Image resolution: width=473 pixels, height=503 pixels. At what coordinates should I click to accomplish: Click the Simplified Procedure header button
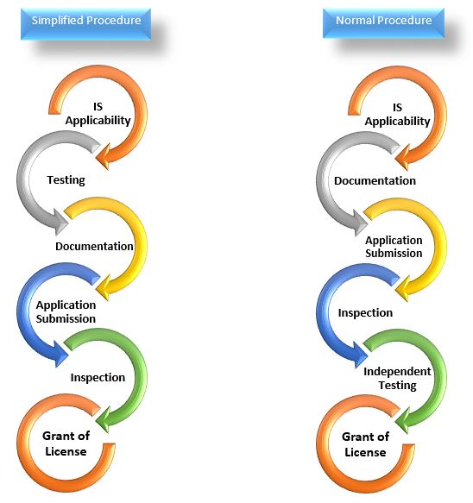pyautogui.click(x=85, y=24)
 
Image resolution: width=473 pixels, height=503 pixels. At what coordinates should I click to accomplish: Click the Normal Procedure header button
pyautogui.click(x=383, y=23)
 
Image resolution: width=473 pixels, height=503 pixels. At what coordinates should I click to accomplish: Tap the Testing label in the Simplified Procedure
pyautogui.click(x=66, y=180)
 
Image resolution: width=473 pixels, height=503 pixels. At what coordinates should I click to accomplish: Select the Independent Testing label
pyautogui.click(x=397, y=378)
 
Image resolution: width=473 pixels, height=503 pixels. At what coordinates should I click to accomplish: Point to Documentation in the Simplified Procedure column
pyautogui.click(x=94, y=247)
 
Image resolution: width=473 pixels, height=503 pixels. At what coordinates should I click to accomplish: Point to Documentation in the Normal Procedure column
pyautogui.click(x=375, y=181)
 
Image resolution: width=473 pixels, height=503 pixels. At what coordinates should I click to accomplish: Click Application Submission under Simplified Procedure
pyautogui.click(x=66, y=311)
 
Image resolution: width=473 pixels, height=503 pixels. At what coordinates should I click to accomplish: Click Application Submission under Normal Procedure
pyautogui.click(x=394, y=247)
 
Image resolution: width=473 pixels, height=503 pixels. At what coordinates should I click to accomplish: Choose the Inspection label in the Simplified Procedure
pyautogui.click(x=98, y=378)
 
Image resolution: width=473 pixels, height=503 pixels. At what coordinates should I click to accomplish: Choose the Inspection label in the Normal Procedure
pyautogui.click(x=365, y=313)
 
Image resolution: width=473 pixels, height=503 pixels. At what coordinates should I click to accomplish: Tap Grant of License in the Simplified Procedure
pyautogui.click(x=66, y=443)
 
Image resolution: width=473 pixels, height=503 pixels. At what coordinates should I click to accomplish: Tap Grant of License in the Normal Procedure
pyautogui.click(x=365, y=444)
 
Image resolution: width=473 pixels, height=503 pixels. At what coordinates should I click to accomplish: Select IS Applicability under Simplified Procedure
pyautogui.click(x=98, y=114)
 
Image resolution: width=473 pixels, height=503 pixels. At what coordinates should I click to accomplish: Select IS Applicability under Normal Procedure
pyautogui.click(x=397, y=115)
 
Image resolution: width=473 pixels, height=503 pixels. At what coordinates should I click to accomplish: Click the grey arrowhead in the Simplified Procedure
pyautogui.click(x=61, y=222)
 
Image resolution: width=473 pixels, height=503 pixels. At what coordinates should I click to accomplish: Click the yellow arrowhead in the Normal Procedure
pyautogui.click(x=403, y=289)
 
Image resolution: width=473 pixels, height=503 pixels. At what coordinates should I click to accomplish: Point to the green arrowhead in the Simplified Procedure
pyautogui.click(x=104, y=419)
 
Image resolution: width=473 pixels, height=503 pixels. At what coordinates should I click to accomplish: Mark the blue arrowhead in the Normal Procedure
pyautogui.click(x=361, y=355)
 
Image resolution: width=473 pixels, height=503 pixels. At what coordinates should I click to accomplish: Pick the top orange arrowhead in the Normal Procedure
pyautogui.click(x=403, y=157)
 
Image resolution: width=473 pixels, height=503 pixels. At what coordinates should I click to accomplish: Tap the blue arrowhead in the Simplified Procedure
pyautogui.click(x=61, y=354)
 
